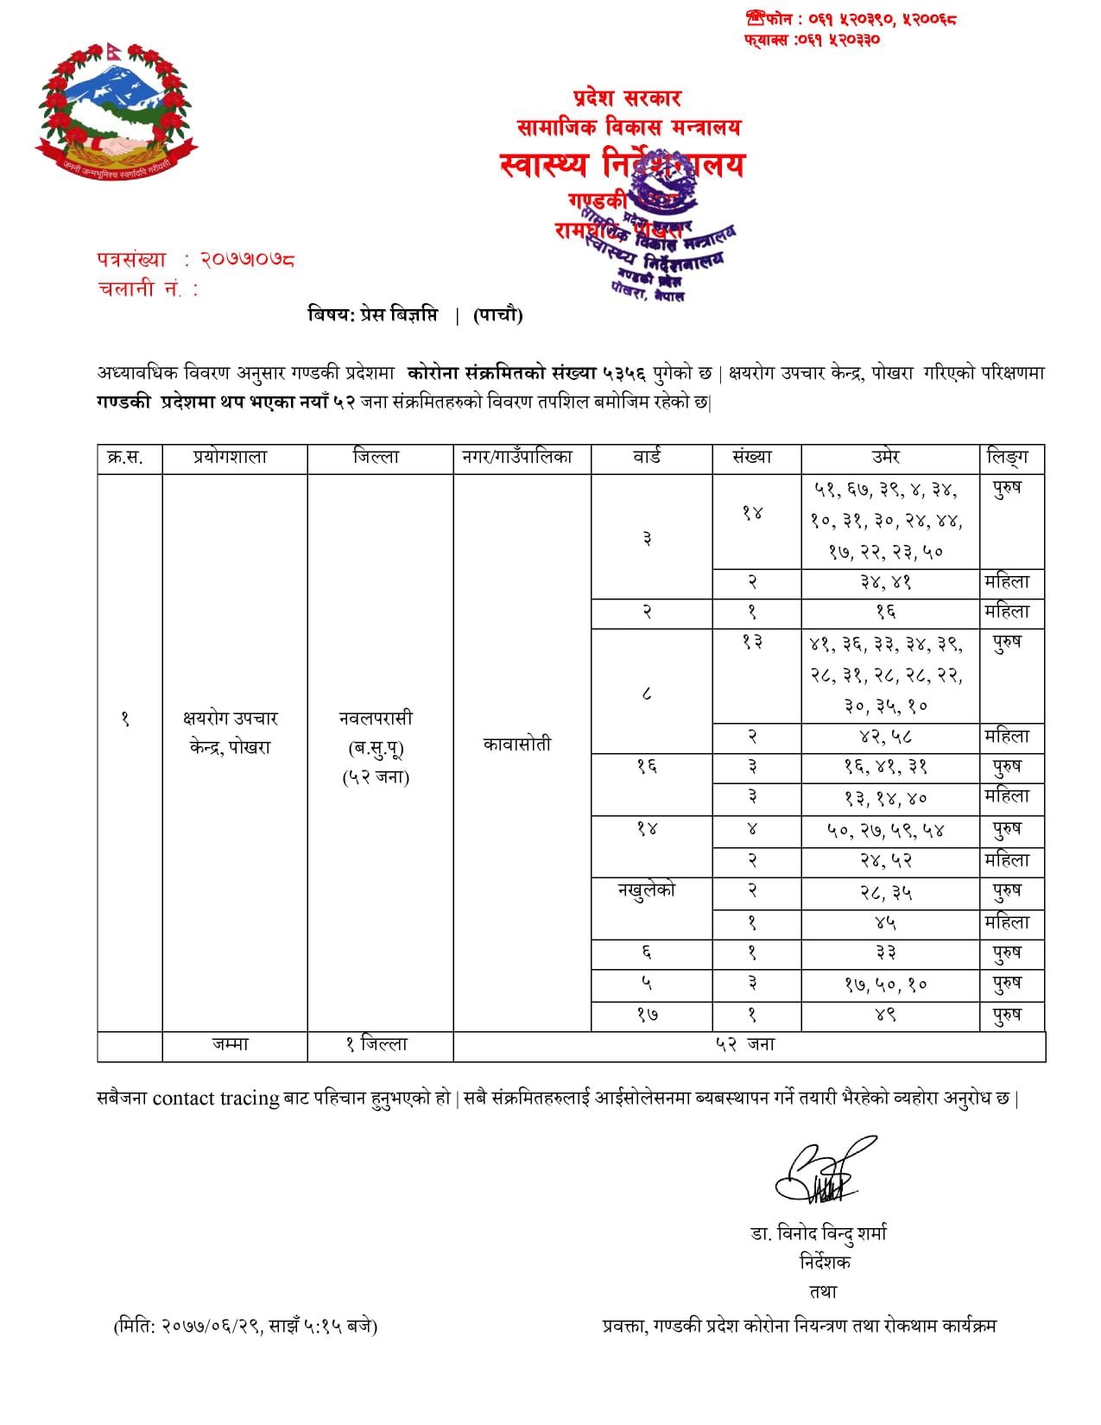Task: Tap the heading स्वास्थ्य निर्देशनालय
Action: [x=622, y=164]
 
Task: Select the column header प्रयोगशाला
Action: [x=231, y=458]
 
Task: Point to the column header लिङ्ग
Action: [x=1007, y=458]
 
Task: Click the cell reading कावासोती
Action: [x=516, y=744]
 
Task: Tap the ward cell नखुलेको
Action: [x=647, y=891]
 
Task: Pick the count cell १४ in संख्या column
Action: [x=752, y=513]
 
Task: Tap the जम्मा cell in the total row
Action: [x=231, y=1045]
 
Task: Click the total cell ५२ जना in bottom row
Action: [x=745, y=1045]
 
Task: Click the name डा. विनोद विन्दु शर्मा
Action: [x=819, y=1234]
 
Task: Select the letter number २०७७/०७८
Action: [x=248, y=259]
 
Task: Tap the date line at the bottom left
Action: [x=245, y=1326]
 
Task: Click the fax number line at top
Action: [x=812, y=40]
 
